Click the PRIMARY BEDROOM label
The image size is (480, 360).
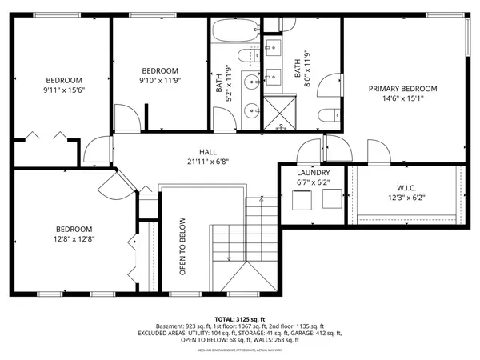coord(402,89)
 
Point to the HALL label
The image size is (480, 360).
coord(208,151)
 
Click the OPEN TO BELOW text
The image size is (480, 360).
coord(182,246)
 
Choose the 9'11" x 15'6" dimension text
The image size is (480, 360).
coord(63,90)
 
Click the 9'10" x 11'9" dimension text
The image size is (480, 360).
coord(159,80)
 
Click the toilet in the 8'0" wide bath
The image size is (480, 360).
coord(326,114)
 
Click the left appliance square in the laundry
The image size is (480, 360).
coord(302,201)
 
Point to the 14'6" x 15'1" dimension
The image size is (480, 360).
coord(402,99)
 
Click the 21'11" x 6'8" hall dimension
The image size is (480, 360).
coord(208,161)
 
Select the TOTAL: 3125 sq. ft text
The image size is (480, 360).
coord(239,318)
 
